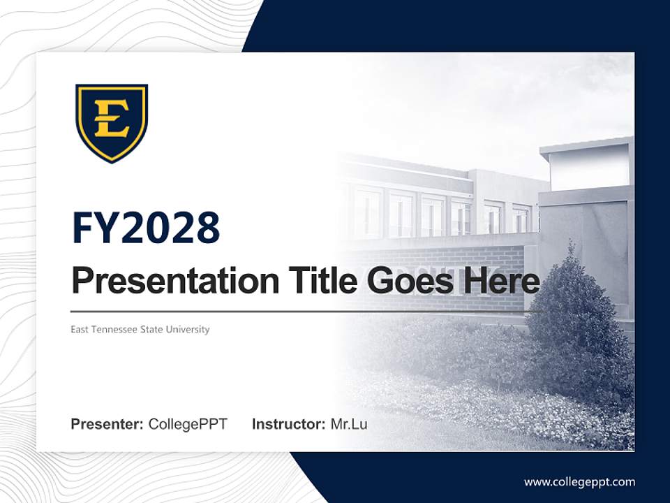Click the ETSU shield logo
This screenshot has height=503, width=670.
(112, 123)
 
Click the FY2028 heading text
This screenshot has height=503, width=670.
(146, 228)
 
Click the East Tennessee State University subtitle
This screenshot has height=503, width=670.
(140, 329)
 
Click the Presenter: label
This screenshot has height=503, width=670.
(107, 424)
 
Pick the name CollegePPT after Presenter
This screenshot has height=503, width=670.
(188, 424)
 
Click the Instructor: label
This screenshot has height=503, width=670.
(288, 424)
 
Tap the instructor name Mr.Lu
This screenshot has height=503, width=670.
(348, 424)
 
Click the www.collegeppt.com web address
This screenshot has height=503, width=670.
(579, 482)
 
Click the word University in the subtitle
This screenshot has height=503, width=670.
(188, 329)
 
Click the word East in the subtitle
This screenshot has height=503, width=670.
(80, 329)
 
